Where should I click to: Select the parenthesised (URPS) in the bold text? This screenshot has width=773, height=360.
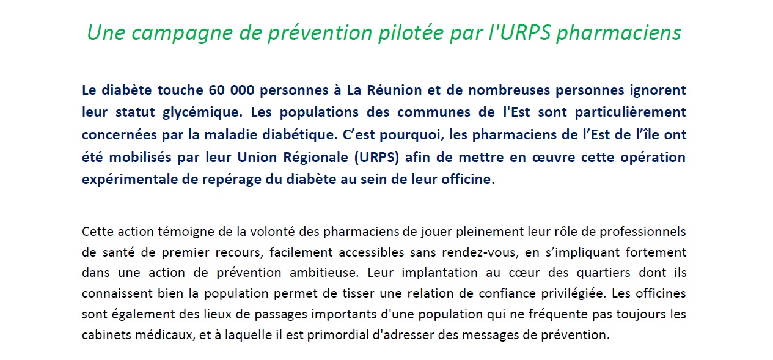pyautogui.click(x=377, y=158)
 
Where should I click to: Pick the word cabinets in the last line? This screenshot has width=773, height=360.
pyautogui.click(x=103, y=336)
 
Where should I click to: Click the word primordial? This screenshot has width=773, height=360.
pyautogui.click(x=335, y=336)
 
